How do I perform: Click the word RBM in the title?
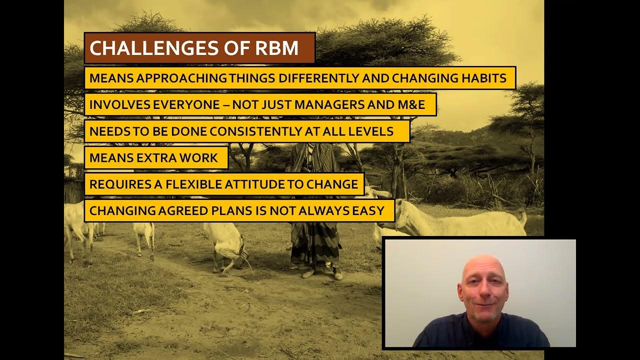click(x=277, y=48)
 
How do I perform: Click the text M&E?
click(x=410, y=105)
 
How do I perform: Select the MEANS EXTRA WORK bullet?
click(x=154, y=158)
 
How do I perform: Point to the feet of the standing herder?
click(x=320, y=273)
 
